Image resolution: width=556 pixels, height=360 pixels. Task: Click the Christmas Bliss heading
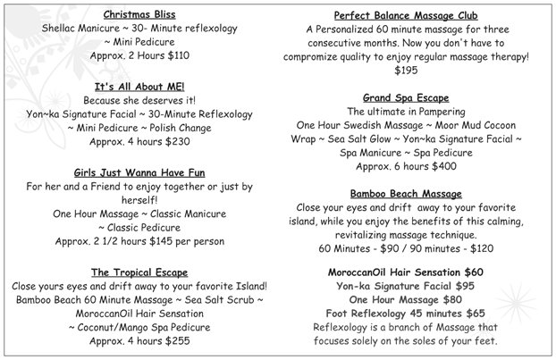click(x=139, y=15)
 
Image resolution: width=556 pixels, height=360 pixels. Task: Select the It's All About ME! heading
click(x=139, y=86)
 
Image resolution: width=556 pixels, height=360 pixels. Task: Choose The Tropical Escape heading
click(x=139, y=272)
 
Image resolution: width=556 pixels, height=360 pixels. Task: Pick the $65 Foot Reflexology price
click(x=475, y=314)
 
